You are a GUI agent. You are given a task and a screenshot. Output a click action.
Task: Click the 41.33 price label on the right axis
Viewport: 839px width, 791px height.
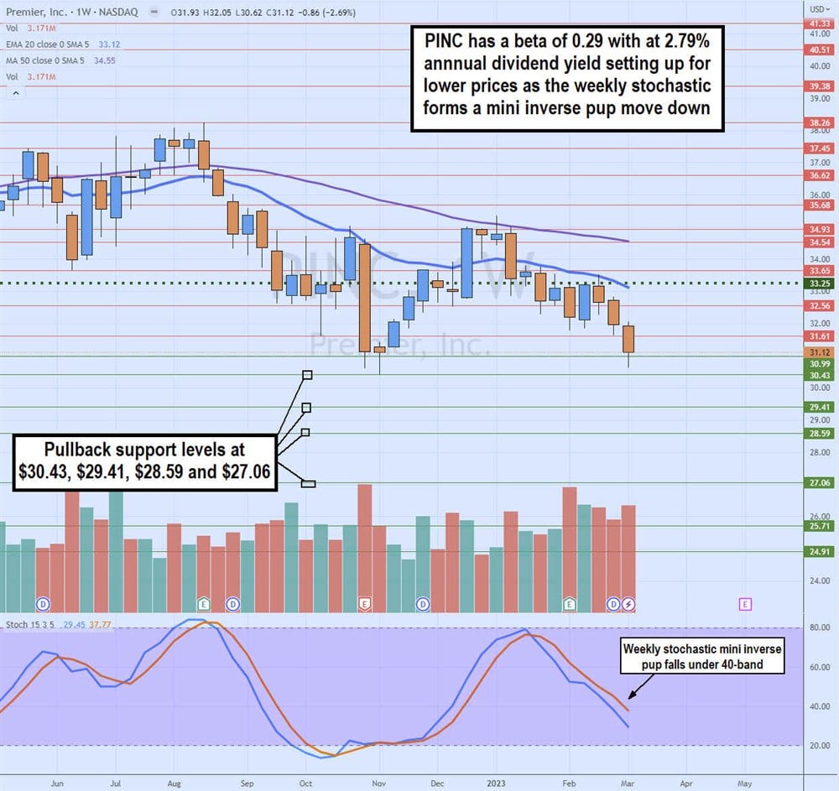point(819,24)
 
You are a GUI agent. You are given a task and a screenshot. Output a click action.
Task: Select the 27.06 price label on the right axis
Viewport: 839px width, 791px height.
point(819,483)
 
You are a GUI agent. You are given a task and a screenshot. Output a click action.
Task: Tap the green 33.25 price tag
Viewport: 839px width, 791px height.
point(819,284)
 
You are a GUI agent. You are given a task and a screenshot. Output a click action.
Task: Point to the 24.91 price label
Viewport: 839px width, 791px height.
point(819,551)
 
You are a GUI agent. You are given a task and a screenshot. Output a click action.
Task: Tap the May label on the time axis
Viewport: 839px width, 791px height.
point(744,783)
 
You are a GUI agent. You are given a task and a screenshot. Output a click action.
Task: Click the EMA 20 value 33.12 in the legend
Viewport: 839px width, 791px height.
point(111,45)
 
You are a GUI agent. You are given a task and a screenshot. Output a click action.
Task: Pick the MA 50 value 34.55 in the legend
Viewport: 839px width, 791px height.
point(105,62)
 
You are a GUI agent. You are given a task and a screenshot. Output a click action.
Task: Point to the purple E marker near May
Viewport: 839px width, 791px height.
point(744,604)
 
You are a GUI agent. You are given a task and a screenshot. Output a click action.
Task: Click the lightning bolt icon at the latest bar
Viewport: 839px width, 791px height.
point(628,604)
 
